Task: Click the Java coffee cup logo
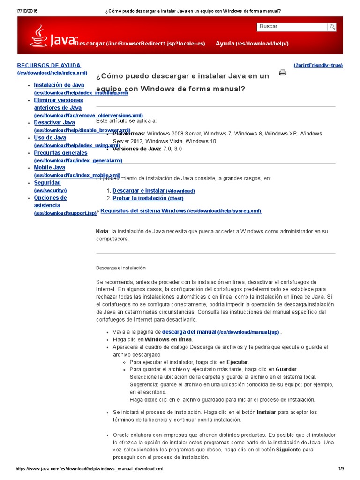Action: pyautogui.click(x=38, y=36)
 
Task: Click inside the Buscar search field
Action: pyautogui.click(x=292, y=27)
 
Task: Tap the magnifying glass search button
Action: pyautogui.click(x=332, y=27)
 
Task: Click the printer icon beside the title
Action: pyautogui.click(x=283, y=72)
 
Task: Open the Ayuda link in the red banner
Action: pyautogui.click(x=252, y=44)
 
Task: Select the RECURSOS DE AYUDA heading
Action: pyautogui.click(x=49, y=66)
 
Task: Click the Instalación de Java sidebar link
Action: pyautogui.click(x=59, y=85)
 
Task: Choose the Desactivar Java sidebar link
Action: pyautogui.click(x=54, y=123)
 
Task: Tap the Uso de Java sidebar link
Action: pyautogui.click(x=50, y=138)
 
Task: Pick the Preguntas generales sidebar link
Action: pyautogui.click(x=60, y=153)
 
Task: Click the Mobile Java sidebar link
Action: pyautogui.click(x=50, y=168)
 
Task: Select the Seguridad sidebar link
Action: pyautogui.click(x=47, y=183)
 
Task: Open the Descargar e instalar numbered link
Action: pyautogui.click(x=138, y=191)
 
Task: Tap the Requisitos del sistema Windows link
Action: pyautogui.click(x=143, y=211)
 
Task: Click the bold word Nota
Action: pyautogui.click(x=102, y=231)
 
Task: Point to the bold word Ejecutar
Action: pyautogui.click(x=238, y=362)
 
